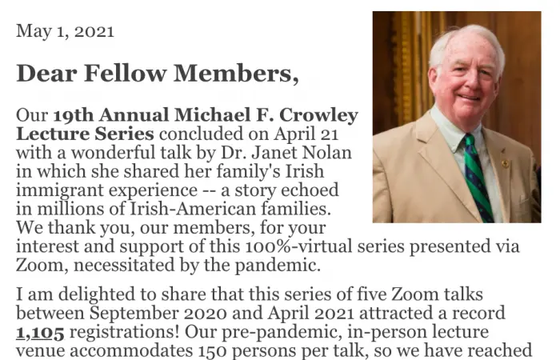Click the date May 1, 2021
coord(65,32)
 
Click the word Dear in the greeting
coord(43,73)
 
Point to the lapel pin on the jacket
coord(505,163)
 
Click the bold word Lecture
coord(49,134)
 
